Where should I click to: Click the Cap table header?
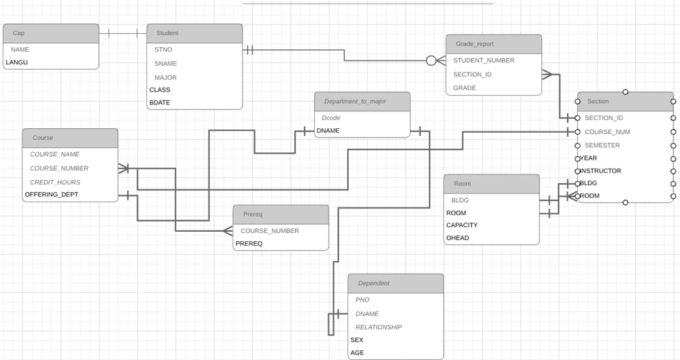point(50,33)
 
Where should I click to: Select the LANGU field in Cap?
point(17,62)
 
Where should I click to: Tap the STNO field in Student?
point(163,50)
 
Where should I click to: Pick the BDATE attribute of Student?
point(159,103)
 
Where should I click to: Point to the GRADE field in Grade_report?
point(464,88)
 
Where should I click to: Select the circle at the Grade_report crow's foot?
point(431,60)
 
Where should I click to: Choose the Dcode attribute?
point(331,118)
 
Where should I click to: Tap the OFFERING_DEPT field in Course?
point(52,195)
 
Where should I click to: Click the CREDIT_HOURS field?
point(55,182)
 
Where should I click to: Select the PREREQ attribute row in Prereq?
point(249,244)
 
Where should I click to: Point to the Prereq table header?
point(281,215)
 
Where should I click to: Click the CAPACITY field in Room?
point(462,225)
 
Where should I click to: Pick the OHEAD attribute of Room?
point(458,238)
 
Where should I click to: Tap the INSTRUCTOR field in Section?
point(600,171)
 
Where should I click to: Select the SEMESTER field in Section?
point(602,145)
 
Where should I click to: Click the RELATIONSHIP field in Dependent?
point(379,327)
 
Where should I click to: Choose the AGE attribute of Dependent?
point(357,353)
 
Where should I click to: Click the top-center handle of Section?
point(626,92)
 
